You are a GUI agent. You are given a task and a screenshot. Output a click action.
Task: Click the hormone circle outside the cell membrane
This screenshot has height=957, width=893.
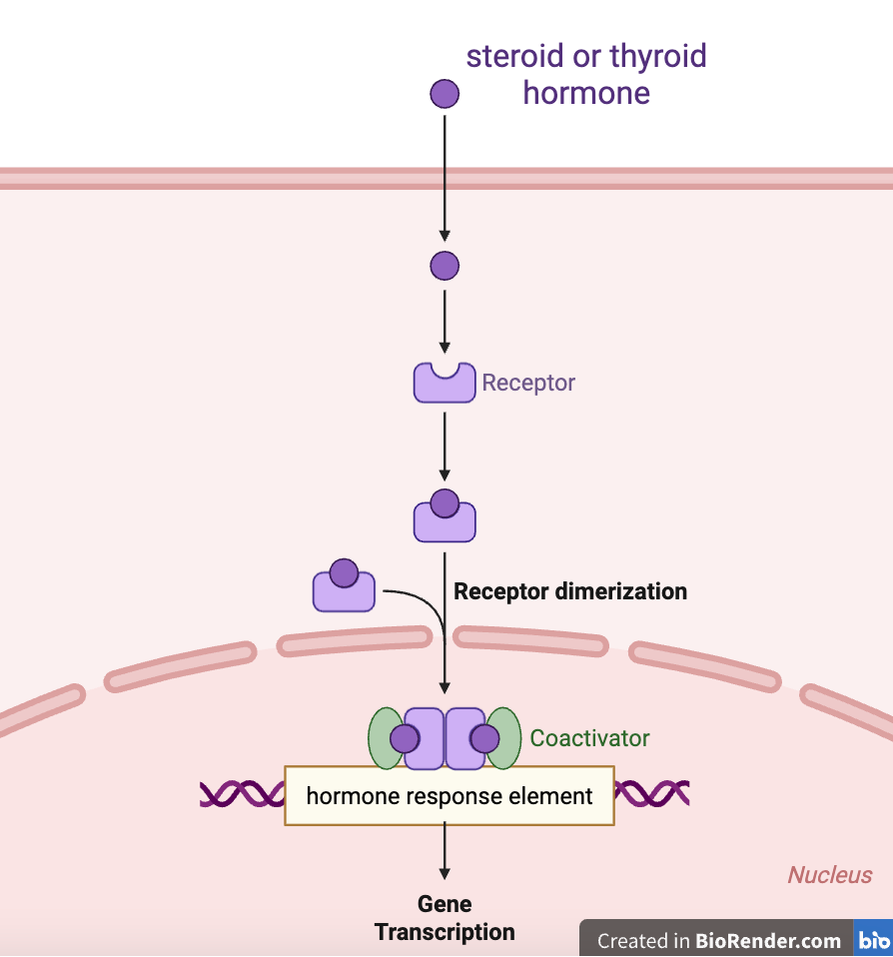pyautogui.click(x=445, y=95)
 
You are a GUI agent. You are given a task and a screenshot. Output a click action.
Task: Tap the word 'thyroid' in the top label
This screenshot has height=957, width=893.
pyautogui.click(x=653, y=56)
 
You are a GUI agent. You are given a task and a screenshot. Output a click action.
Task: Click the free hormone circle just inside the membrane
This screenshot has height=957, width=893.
pyautogui.click(x=445, y=266)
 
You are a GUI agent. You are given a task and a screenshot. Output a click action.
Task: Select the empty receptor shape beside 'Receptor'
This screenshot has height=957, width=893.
pyautogui.click(x=445, y=384)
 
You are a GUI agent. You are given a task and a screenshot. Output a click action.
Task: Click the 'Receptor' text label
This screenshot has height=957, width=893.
pyautogui.click(x=528, y=383)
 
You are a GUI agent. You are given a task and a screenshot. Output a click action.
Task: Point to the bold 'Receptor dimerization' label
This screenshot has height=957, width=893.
pyautogui.click(x=570, y=591)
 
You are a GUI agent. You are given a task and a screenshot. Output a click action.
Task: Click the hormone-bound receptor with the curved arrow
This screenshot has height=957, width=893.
pyautogui.click(x=344, y=587)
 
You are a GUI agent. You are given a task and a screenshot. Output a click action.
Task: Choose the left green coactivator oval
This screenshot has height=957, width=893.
pyautogui.click(x=385, y=739)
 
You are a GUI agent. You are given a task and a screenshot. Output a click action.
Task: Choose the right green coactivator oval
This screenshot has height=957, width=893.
pyautogui.click(x=505, y=739)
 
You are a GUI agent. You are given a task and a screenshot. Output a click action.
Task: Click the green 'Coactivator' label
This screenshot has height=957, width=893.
pyautogui.click(x=589, y=739)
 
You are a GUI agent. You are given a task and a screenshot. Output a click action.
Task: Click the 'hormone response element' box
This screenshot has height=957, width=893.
pyautogui.click(x=449, y=796)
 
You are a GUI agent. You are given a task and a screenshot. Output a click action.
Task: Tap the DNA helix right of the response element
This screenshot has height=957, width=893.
pyautogui.click(x=652, y=793)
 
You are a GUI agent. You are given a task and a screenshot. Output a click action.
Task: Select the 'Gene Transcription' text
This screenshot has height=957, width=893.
pyautogui.click(x=445, y=919)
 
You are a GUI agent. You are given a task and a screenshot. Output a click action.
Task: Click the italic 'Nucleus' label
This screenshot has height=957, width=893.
pyautogui.click(x=830, y=876)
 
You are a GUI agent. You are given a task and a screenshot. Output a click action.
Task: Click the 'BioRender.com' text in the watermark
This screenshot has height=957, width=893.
pyautogui.click(x=768, y=941)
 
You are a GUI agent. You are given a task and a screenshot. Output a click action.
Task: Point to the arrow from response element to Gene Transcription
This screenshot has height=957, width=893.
pyautogui.click(x=445, y=855)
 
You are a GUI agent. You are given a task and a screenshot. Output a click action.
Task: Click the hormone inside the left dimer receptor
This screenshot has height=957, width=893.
pyautogui.click(x=405, y=739)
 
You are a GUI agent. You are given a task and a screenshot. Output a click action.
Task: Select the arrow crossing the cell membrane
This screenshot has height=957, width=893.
pyautogui.click(x=445, y=178)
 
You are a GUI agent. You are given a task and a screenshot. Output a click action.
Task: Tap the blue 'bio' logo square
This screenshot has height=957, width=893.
pyautogui.click(x=874, y=940)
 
